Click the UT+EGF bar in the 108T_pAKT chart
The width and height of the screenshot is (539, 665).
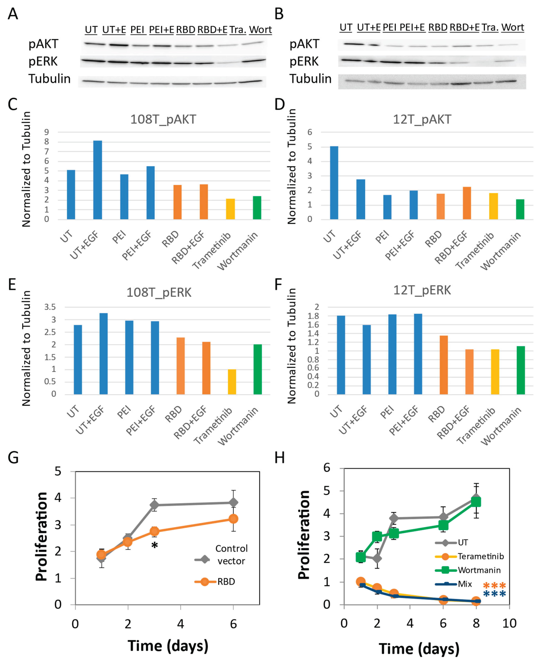[98, 180]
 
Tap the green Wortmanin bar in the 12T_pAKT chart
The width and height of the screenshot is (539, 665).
[520, 209]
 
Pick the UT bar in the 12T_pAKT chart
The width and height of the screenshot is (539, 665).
[334, 183]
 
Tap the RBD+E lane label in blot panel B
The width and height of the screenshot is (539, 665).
[465, 28]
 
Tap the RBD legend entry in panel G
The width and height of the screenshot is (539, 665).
[226, 582]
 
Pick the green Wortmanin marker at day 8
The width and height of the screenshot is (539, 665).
[476, 502]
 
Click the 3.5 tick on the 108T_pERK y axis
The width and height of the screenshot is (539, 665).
[50, 307]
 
